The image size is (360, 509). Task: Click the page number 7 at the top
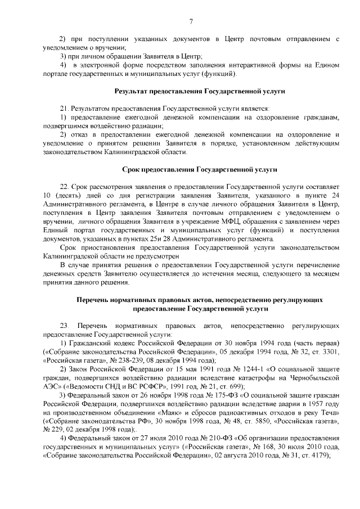tap(191, 21)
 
